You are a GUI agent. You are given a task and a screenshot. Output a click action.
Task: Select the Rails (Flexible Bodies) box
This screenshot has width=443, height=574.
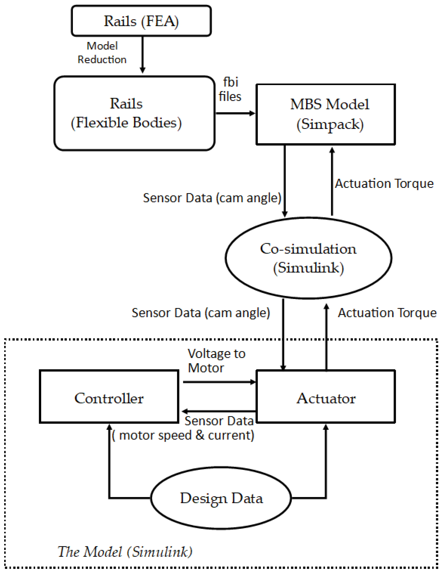point(134,113)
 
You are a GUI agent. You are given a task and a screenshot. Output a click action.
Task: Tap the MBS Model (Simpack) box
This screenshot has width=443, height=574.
point(326,114)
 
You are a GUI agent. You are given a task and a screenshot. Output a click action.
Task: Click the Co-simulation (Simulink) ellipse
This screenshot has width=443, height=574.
point(308,258)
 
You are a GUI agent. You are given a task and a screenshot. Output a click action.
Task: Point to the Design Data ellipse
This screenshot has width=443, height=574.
point(221,498)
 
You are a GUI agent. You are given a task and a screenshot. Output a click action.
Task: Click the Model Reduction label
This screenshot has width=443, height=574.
point(102,53)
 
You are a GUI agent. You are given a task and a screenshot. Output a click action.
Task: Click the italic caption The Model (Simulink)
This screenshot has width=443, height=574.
point(125,551)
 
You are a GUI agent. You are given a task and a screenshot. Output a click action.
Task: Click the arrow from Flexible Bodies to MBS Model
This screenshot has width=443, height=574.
point(235,113)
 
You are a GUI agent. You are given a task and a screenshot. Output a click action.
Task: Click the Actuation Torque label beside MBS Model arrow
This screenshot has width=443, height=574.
point(384,183)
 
